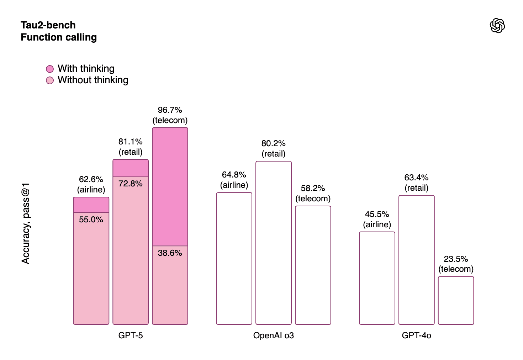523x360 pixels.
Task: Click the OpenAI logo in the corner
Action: click(x=497, y=26)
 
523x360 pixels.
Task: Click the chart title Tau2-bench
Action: click(x=48, y=25)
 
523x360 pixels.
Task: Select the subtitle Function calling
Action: click(x=59, y=37)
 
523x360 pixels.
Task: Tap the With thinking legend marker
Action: click(x=50, y=69)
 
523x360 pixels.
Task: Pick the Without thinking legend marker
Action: click(x=50, y=80)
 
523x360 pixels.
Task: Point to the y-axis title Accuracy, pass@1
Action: click(x=26, y=223)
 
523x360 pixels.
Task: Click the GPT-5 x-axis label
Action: click(x=131, y=335)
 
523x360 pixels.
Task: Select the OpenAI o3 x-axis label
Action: click(x=273, y=335)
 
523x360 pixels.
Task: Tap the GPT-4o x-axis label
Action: click(x=416, y=335)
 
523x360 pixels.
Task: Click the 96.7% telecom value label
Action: click(x=170, y=110)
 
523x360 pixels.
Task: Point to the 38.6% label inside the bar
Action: click(x=170, y=253)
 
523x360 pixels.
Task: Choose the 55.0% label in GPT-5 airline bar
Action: click(x=91, y=219)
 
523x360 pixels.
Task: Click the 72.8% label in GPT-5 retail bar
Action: click(x=131, y=184)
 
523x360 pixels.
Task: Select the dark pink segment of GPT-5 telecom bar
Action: click(x=170, y=187)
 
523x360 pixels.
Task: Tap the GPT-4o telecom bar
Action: click(x=456, y=301)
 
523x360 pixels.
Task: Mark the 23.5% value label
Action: click(x=456, y=259)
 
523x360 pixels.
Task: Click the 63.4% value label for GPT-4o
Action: click(x=416, y=178)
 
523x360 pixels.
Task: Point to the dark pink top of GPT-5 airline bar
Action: click(x=91, y=205)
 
